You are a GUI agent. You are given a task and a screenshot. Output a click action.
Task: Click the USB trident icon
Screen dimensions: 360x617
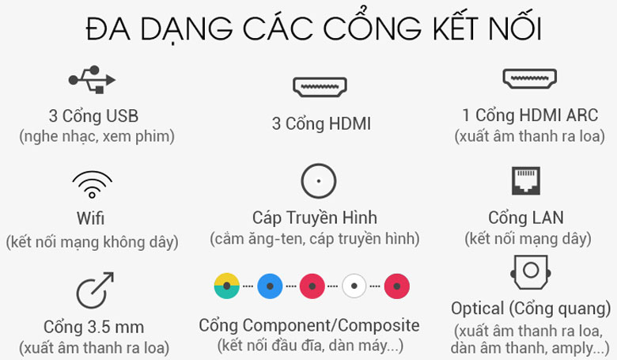pos(93,79)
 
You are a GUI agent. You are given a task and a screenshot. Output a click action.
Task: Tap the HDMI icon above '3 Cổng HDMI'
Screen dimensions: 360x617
pos(319,86)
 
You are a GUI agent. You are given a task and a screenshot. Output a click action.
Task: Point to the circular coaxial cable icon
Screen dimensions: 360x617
pos(319,182)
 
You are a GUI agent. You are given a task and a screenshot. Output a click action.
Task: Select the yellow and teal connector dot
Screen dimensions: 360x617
pos(227,285)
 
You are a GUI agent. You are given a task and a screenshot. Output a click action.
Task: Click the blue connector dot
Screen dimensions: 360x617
pos(270,285)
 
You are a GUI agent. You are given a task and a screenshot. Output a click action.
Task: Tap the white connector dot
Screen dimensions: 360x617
pos(354,285)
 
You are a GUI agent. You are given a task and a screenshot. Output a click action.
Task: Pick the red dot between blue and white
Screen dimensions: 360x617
pos(312,285)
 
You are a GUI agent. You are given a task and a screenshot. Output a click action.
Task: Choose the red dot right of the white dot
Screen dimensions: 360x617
pos(397,285)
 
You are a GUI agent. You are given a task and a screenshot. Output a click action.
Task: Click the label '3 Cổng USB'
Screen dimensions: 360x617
pos(93,116)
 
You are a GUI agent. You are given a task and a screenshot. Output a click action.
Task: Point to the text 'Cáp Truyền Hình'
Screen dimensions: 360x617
pos(315,218)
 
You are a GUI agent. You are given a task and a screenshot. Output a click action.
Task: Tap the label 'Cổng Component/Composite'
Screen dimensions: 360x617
pos(309,325)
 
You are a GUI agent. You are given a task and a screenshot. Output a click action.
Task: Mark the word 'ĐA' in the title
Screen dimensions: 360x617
pos(108,30)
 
